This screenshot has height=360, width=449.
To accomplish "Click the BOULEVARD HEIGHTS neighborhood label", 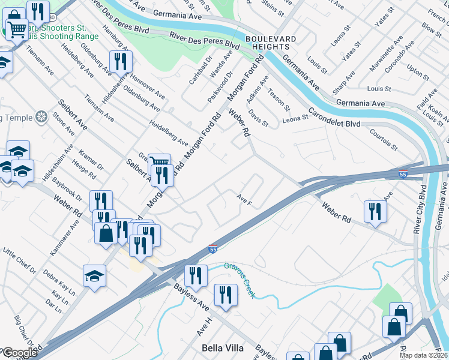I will coord(271,44).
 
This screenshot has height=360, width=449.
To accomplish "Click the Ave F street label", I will coord(244,199).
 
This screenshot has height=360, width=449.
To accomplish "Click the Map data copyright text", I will coord(424,355).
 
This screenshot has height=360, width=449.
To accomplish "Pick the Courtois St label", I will coord(384,139).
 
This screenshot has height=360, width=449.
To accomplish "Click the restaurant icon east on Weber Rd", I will coord(375,211).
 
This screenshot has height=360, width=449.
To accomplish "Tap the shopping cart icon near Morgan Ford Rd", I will coord(159,163).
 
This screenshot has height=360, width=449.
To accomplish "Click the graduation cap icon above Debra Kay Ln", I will coord(94,275).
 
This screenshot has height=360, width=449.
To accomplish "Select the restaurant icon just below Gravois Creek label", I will coord(226,295).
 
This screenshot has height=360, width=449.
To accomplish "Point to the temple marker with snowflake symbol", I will coord(41,116).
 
